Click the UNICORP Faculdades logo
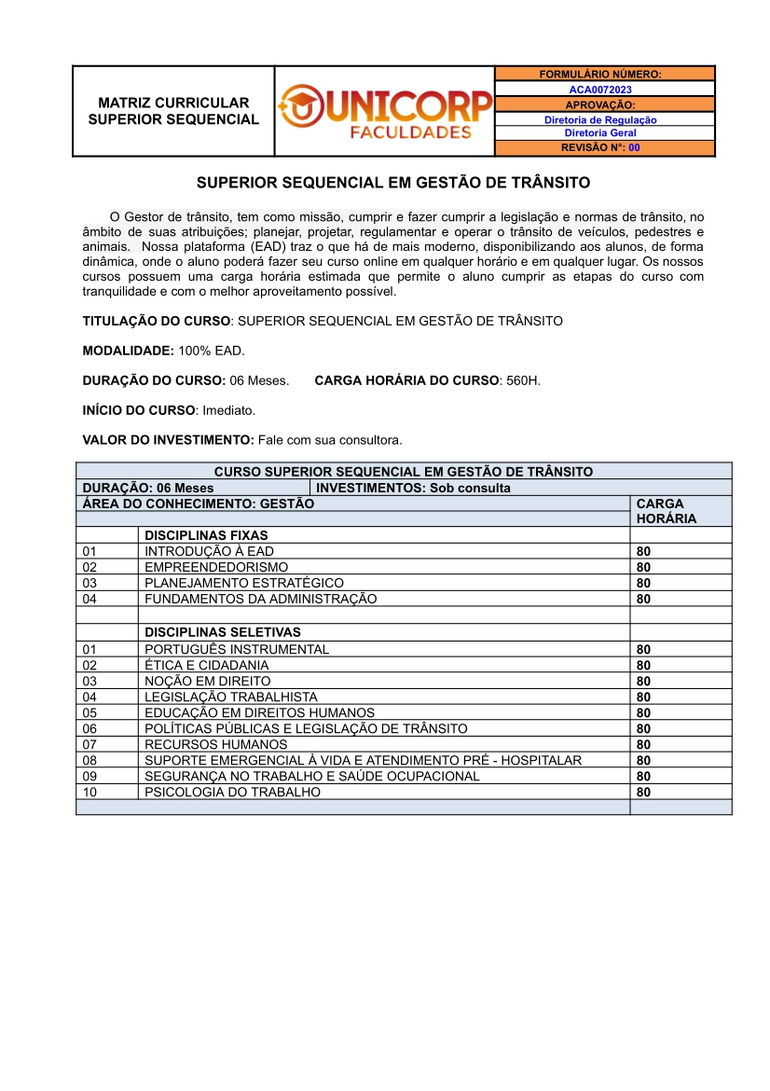point(384,111)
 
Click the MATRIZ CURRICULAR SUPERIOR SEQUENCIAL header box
point(173,111)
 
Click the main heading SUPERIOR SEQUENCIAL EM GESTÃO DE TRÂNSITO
point(393,183)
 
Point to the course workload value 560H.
point(523,380)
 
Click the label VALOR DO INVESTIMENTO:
point(168,440)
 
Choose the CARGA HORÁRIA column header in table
point(666,511)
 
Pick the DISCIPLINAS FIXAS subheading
point(206,535)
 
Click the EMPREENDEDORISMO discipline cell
point(216,567)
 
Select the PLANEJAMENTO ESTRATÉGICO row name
point(244,583)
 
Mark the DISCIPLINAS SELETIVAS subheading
point(223,632)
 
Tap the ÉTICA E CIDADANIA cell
point(207,666)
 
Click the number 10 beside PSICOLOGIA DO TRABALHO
point(89,793)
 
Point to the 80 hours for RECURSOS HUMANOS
point(643,745)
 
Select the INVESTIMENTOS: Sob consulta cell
point(414,488)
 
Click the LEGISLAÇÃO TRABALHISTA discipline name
point(231,697)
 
